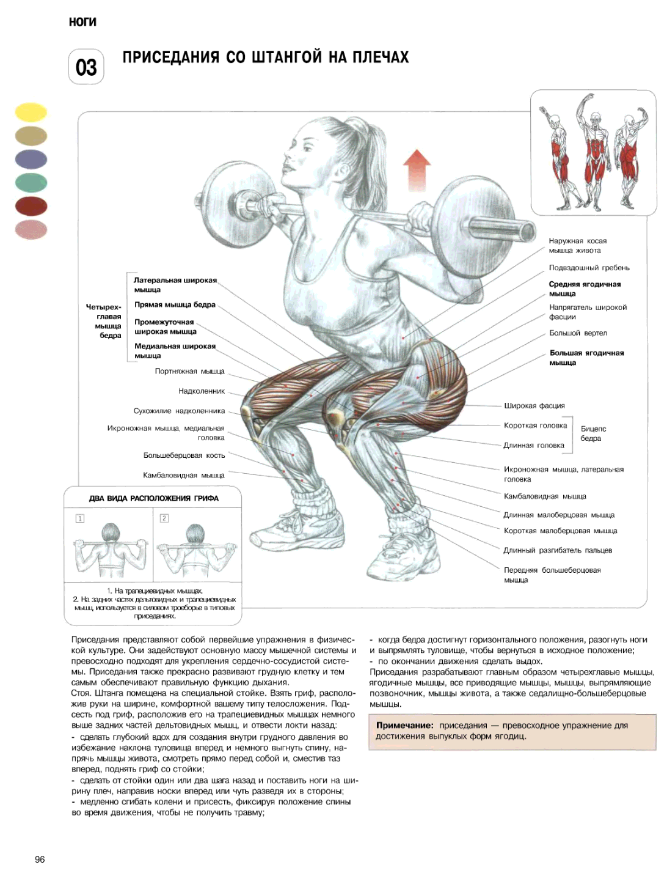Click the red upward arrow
click(417, 170)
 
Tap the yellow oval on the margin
click(31, 112)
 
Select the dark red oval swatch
click(31, 206)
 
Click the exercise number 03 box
click(86, 67)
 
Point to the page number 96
click(40, 860)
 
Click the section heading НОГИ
click(82, 22)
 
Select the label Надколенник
click(202, 391)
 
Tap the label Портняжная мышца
click(189, 371)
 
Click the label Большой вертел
click(578, 333)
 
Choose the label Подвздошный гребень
click(589, 268)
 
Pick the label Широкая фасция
click(534, 405)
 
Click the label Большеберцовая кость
click(184, 455)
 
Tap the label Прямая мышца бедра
click(175, 304)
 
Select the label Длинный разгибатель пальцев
click(558, 550)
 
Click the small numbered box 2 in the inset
click(164, 518)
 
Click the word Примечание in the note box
click(405, 725)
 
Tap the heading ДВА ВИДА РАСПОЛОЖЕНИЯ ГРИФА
click(154, 498)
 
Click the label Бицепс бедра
click(593, 433)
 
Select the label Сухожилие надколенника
click(180, 411)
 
